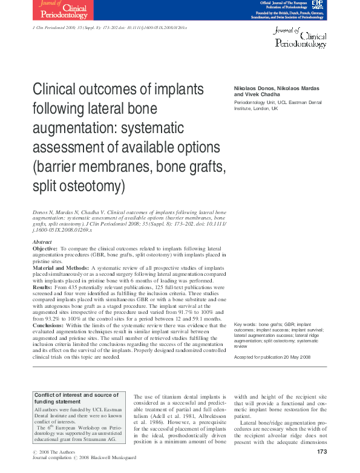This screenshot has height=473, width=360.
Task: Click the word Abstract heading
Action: [42, 242]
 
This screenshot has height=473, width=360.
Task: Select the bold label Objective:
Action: [45, 249]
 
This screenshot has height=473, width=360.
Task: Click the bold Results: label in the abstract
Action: [43, 286]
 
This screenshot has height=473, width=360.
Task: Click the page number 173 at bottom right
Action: [321, 452]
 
